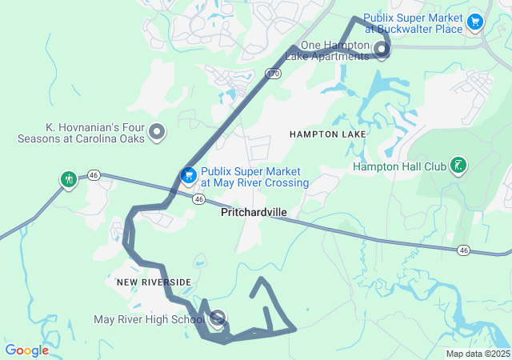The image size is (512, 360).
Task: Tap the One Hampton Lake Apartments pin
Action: pyautogui.click(x=382, y=51)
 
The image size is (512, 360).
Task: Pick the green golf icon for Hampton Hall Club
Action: pyautogui.click(x=458, y=165)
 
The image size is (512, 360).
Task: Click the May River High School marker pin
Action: pyautogui.click(x=218, y=319)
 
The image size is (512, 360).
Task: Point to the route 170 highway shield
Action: pyautogui.click(x=272, y=74)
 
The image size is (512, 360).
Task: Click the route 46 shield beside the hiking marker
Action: pyautogui.click(x=94, y=174)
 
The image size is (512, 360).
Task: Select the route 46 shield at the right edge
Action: pyautogui.click(x=464, y=250)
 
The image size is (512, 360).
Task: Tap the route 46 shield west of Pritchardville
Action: pyautogui.click(x=197, y=198)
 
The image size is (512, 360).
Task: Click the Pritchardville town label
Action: pyautogui.click(x=254, y=212)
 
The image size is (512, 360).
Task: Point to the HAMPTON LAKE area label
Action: pyautogui.click(x=328, y=134)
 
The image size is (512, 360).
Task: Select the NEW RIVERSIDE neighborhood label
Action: pyautogui.click(x=154, y=282)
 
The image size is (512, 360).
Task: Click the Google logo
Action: pyautogui.click(x=26, y=350)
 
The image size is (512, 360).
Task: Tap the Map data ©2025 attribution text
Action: pyautogui.click(x=478, y=354)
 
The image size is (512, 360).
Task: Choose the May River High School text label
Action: pyautogui.click(x=149, y=320)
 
